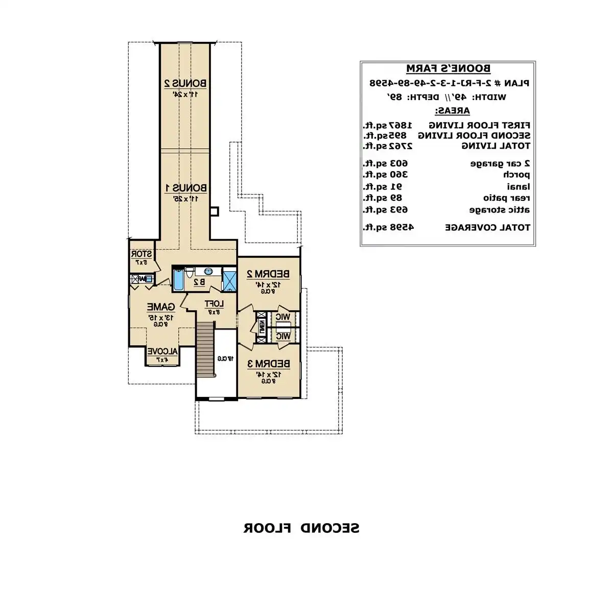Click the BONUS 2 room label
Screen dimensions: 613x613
click(185, 83)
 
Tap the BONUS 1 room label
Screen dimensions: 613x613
click(185, 188)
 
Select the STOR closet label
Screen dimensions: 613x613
click(142, 254)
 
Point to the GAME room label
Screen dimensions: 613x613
click(161, 307)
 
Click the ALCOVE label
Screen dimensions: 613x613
click(162, 351)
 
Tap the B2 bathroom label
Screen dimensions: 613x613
click(199, 281)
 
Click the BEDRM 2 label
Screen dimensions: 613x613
click(268, 274)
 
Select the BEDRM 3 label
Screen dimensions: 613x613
click(268, 364)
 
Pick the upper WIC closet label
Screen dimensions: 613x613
click(282, 317)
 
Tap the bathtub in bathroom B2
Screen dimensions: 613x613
click(178, 279)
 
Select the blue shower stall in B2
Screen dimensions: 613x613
click(229, 279)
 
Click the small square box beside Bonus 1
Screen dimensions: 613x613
click(215, 210)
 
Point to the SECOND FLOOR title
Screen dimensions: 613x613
click(301, 528)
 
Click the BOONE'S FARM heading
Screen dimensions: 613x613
click(448, 68)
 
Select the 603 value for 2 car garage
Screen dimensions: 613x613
click(399, 163)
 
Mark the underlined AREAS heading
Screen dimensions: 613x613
click(452, 110)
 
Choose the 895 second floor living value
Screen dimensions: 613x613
click(396, 135)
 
